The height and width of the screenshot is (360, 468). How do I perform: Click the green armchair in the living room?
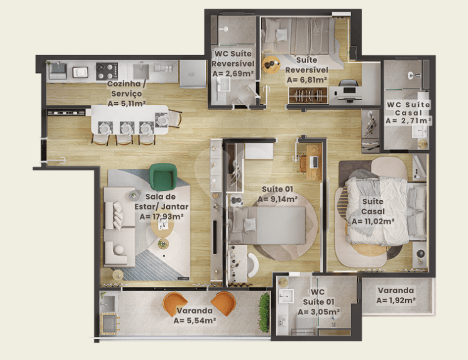click(x=163, y=177)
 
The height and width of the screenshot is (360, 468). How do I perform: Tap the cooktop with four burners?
click(x=107, y=72)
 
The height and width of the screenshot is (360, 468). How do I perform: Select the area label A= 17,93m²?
click(x=161, y=216)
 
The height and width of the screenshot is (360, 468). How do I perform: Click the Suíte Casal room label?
click(x=373, y=206)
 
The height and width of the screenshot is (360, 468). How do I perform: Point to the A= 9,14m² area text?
click(x=278, y=199)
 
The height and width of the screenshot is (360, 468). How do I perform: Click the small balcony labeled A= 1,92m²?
click(x=397, y=296)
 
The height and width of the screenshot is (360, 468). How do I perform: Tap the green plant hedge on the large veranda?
click(x=264, y=312)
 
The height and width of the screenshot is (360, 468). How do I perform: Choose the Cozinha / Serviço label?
click(x=127, y=88)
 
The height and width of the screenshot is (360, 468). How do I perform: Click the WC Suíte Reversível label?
click(x=233, y=58)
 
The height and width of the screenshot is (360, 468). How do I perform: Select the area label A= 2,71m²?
click(x=408, y=121)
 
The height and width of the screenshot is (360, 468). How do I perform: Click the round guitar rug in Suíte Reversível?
click(x=271, y=65)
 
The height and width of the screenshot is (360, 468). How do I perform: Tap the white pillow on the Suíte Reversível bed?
click(x=282, y=35)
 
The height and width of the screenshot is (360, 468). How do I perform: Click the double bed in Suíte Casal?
click(x=385, y=211)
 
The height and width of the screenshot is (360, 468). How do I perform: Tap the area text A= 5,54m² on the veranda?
click(x=195, y=320)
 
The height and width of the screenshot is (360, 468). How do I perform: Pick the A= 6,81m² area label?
click(x=307, y=80)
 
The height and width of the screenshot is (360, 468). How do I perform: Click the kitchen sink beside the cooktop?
click(x=141, y=71)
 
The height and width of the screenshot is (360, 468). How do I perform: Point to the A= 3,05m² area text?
click(x=318, y=312)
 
